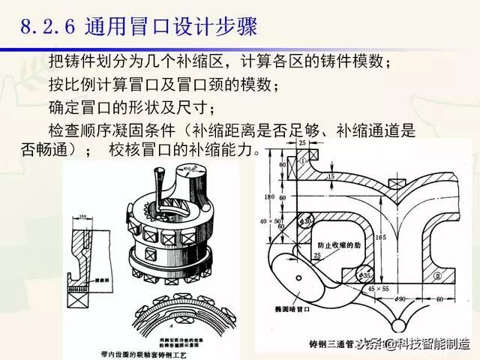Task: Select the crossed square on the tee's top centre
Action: pos(398,182)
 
